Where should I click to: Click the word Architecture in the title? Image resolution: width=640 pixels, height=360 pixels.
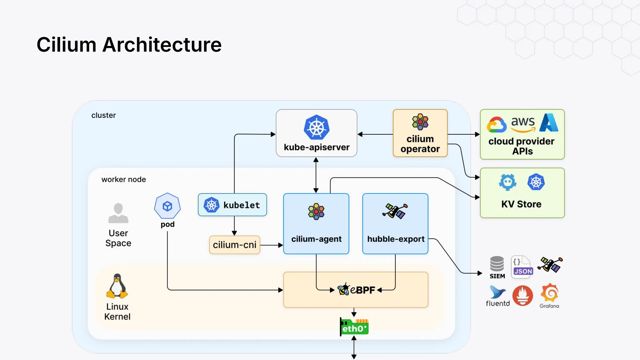coord(162,45)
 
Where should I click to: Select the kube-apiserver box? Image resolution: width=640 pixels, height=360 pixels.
coord(316,133)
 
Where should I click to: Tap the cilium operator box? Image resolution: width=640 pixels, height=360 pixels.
coord(420,133)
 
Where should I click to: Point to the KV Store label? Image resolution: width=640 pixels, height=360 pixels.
coord(521,204)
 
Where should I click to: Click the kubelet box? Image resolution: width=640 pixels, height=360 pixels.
coord(232,205)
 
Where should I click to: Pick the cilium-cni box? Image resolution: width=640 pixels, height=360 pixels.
coord(234,245)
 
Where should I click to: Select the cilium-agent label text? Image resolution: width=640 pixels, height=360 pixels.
coord(316,239)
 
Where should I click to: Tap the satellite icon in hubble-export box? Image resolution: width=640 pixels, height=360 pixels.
coord(395,211)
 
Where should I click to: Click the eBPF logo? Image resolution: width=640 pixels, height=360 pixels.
coord(356,290)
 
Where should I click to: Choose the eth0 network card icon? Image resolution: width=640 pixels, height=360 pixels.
coord(354,327)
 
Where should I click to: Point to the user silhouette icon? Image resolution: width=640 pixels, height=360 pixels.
coord(118,213)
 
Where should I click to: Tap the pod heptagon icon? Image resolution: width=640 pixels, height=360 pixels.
coord(167,206)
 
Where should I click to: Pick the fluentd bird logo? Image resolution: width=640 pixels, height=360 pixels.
coord(497,292)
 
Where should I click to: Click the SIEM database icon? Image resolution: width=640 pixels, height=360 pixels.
coord(497,264)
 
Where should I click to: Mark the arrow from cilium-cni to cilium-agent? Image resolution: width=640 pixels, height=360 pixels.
coord(271,245)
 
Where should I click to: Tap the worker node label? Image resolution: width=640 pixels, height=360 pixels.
coord(123,179)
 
